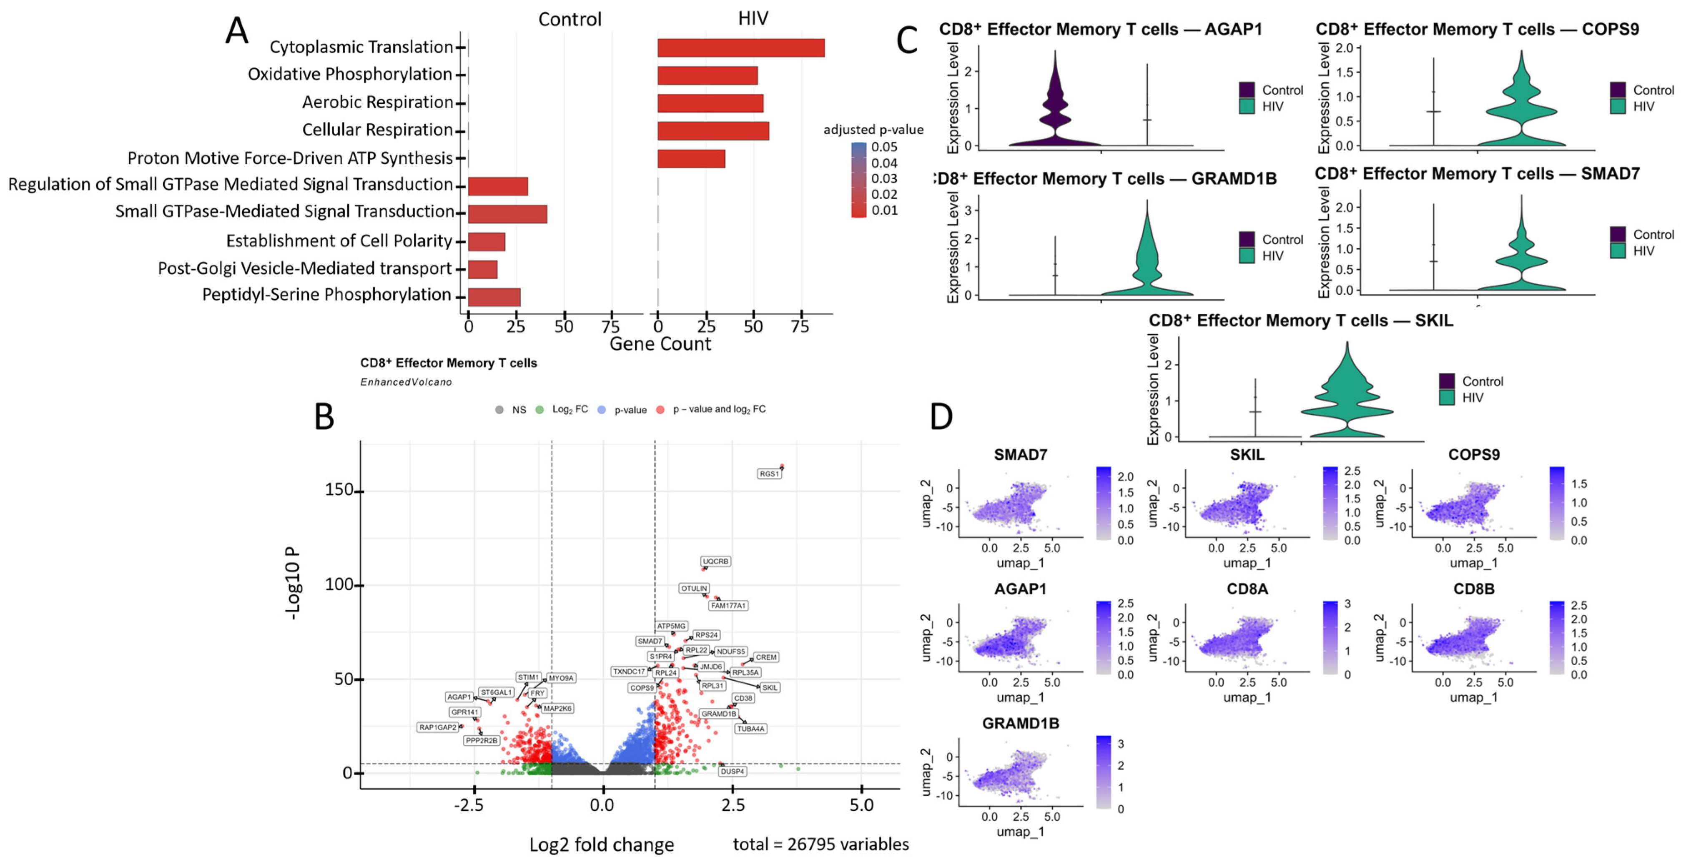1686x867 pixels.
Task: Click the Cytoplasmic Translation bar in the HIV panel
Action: click(740, 48)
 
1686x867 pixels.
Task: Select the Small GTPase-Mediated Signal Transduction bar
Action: click(507, 214)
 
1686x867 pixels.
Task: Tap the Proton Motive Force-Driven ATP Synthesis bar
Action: click(691, 159)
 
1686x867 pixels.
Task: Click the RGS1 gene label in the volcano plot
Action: click(769, 474)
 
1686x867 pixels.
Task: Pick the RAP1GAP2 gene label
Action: click(438, 727)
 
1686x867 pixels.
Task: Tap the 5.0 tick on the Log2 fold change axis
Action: click(861, 805)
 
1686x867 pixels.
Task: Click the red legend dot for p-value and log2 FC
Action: click(660, 410)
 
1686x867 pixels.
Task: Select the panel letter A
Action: click(237, 31)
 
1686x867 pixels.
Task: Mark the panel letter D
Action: click(941, 416)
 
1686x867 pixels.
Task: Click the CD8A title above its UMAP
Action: click(1247, 589)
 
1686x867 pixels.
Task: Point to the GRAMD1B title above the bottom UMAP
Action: click(1020, 723)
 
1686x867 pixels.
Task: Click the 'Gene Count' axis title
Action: click(660, 344)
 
